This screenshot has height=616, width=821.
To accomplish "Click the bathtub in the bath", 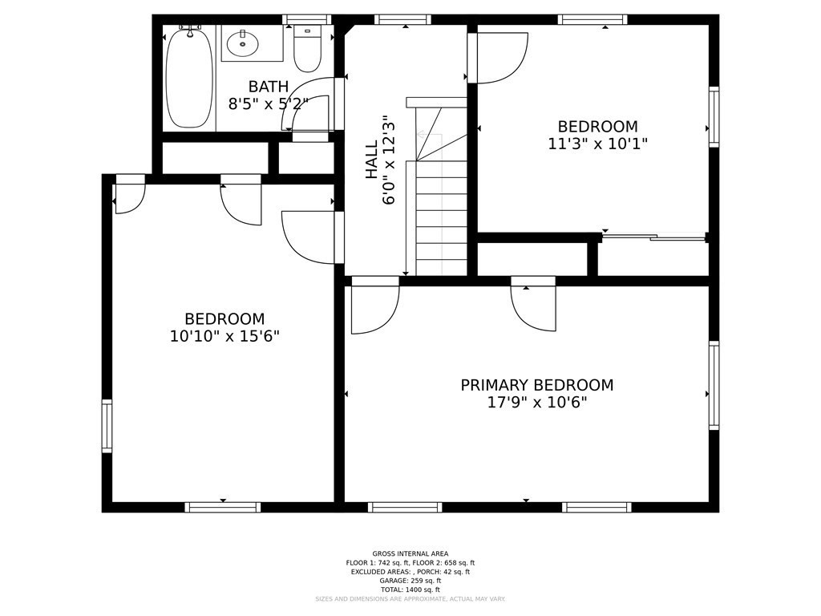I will click(x=189, y=78).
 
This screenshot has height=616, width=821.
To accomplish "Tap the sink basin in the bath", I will click(x=251, y=43).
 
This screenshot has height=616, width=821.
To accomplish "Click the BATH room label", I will click(x=268, y=87).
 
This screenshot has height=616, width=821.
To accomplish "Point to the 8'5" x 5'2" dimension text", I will click(x=268, y=104).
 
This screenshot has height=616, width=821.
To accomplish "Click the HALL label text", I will click(x=371, y=160).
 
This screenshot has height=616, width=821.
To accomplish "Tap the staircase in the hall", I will click(x=441, y=217).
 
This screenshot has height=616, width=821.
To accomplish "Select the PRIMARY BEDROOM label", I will click(x=536, y=385).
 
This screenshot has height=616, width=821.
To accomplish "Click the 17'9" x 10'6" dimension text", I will click(x=536, y=403).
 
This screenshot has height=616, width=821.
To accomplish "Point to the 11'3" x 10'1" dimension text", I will click(x=597, y=144).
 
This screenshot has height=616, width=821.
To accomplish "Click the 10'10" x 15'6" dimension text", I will click(x=224, y=336).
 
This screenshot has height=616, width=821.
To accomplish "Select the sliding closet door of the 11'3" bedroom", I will click(x=653, y=237).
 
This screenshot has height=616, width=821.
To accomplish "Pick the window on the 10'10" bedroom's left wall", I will click(x=107, y=426).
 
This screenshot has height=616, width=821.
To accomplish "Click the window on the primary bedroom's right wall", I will click(x=714, y=385).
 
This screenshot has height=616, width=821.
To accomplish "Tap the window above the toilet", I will click(x=306, y=19).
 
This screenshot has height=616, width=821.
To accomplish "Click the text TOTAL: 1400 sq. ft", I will click(x=410, y=590).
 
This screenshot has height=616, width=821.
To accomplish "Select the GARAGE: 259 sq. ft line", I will click(x=410, y=581).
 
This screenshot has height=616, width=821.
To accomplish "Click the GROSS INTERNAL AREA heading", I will click(x=410, y=553).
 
